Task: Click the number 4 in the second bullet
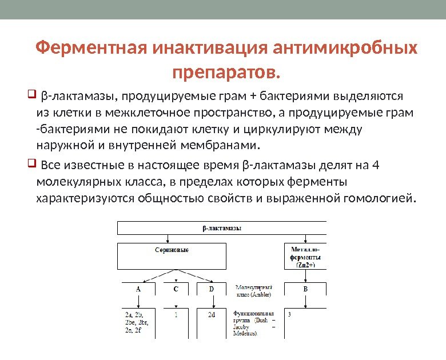[x=375, y=166]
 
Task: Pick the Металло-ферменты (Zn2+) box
[x=305, y=257]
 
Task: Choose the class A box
[x=138, y=290]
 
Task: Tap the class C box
[x=176, y=290]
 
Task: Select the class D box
[x=211, y=290]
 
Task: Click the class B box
[x=305, y=290]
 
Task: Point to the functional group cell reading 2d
[x=211, y=314]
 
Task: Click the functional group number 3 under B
[x=290, y=314]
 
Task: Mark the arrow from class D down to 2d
[x=211, y=303]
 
